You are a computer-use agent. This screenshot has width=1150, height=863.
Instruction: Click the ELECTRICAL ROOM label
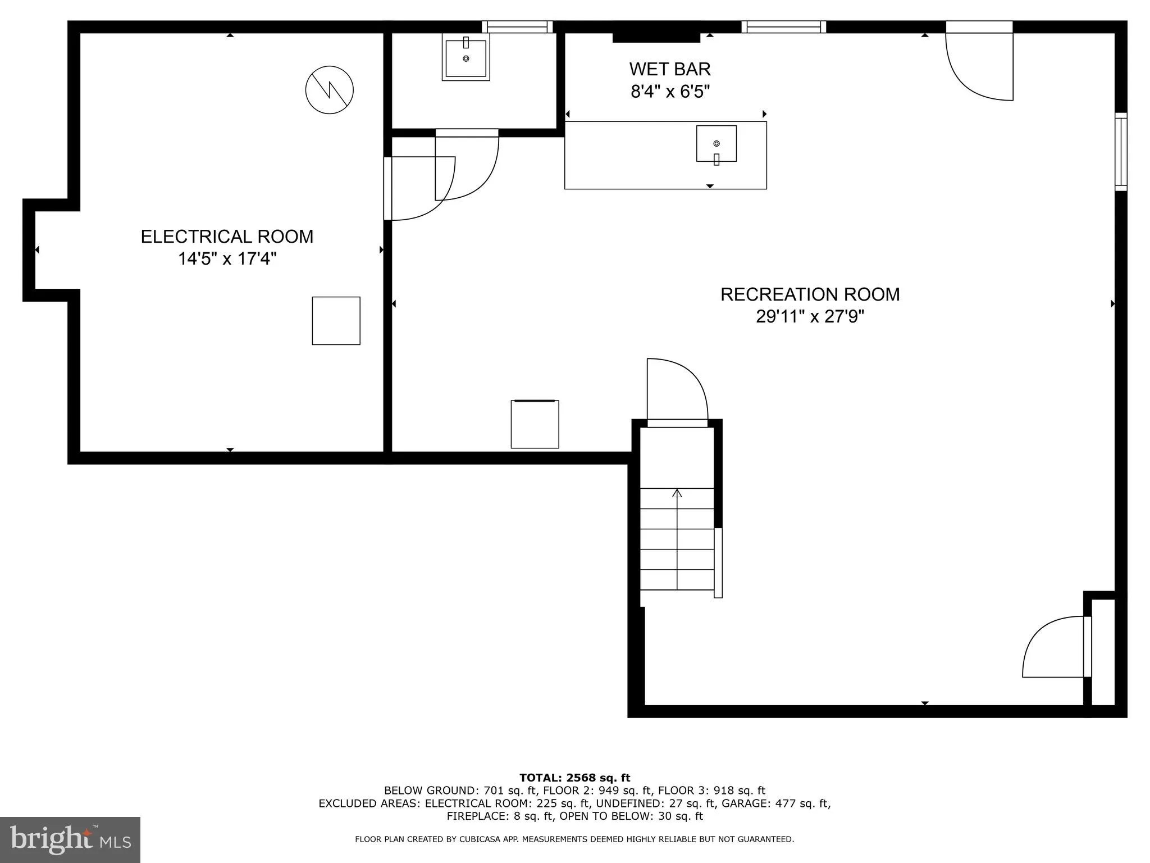(227, 237)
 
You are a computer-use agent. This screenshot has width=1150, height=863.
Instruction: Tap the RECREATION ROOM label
(810, 294)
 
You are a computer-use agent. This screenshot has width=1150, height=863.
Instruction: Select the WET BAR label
(670, 69)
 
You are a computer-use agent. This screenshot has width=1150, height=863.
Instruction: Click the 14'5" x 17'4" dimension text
(227, 259)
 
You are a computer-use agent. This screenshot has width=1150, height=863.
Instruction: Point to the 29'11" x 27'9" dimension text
(810, 317)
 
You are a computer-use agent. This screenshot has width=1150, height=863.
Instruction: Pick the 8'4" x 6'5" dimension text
(670, 92)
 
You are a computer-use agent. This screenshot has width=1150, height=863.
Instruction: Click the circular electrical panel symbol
(330, 90)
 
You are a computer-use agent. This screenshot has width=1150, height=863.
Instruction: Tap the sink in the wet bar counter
(717, 144)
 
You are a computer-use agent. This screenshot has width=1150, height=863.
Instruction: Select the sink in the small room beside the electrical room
(466, 57)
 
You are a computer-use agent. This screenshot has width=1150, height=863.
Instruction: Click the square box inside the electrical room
(336, 321)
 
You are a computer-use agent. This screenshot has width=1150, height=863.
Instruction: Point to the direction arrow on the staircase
(677, 493)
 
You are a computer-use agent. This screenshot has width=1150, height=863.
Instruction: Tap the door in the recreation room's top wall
(980, 62)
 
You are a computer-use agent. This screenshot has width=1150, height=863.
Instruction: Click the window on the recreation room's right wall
(1120, 152)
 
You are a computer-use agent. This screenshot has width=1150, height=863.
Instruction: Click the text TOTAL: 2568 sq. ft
(574, 778)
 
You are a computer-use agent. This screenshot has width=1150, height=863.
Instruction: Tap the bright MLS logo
(70, 839)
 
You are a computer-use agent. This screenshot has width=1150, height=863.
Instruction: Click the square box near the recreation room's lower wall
(535, 424)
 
